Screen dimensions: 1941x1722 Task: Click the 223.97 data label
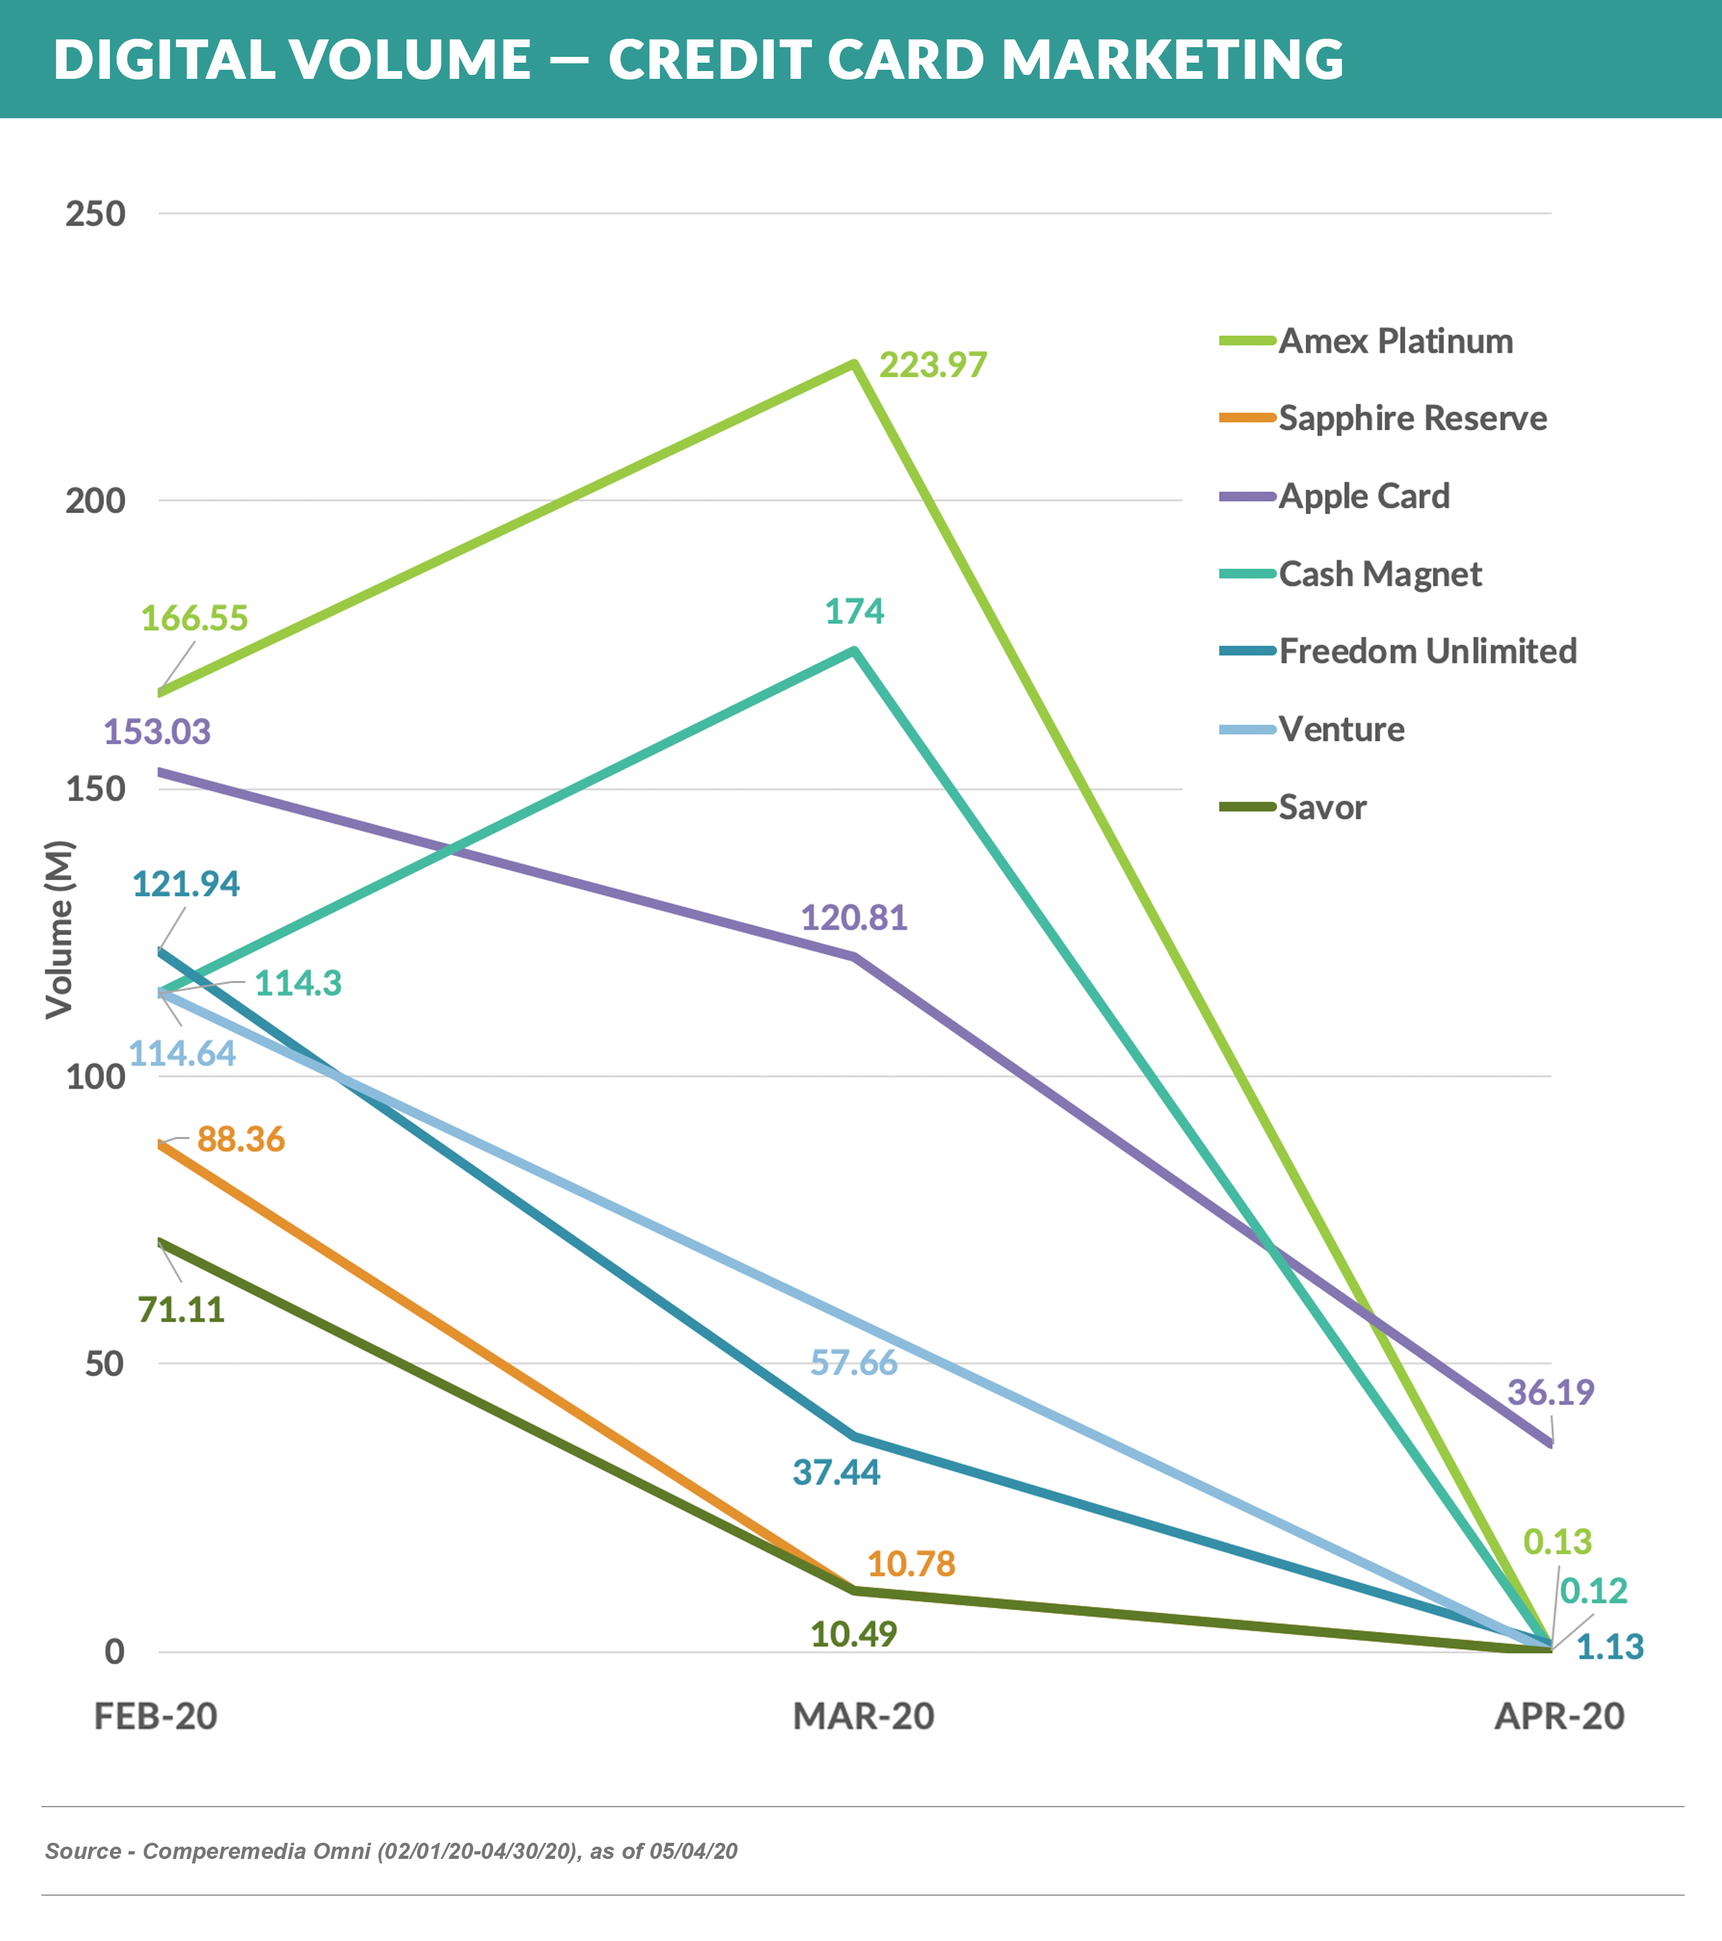pos(933,364)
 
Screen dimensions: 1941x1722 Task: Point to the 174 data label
pos(854,611)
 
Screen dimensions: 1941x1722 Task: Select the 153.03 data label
pos(156,731)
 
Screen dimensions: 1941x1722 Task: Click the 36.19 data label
pos(1550,1392)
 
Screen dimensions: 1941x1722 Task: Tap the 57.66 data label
pos(853,1363)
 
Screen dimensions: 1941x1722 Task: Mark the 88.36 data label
pos(240,1138)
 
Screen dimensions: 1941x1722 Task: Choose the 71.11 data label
pos(182,1310)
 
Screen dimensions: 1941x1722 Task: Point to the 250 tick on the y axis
pos(95,214)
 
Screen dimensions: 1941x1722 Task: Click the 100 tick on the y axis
pos(95,1077)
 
